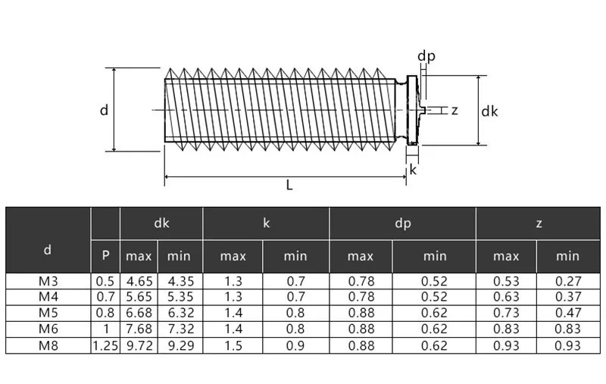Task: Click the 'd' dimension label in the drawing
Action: coord(104,110)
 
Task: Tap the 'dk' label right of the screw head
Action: coord(489,111)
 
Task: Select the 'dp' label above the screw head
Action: coord(426,56)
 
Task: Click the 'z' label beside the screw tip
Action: coord(454,111)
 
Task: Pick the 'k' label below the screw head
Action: coord(413,170)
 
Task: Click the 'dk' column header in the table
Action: coord(161,223)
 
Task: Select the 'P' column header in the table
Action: coord(105,256)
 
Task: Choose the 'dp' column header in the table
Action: coord(402,223)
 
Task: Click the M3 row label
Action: coord(48,281)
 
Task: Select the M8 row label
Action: coord(48,345)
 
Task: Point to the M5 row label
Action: coord(48,314)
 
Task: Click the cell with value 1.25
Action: coord(105,345)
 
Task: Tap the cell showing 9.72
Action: coord(139,345)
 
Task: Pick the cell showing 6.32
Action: coord(180,314)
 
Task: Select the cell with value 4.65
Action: coord(139,281)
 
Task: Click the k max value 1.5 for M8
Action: coord(233,345)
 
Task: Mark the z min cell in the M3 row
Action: coord(567,281)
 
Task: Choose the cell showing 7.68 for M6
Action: coord(139,329)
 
